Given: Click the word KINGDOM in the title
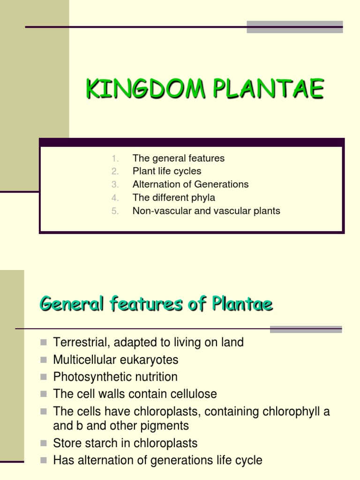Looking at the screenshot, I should (x=145, y=89).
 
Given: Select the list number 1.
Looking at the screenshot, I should (x=116, y=158).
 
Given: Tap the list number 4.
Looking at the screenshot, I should (x=116, y=198).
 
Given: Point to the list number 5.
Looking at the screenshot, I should (x=116, y=211).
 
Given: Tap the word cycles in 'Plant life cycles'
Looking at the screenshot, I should (x=187, y=172).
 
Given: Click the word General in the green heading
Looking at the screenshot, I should (x=72, y=305).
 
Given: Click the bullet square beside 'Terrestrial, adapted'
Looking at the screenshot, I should (x=44, y=343).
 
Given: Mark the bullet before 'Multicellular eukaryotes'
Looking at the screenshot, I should (x=44, y=360).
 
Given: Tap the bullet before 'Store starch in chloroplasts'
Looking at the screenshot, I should (x=44, y=443).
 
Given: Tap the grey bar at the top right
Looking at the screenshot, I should (x=295, y=27).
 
